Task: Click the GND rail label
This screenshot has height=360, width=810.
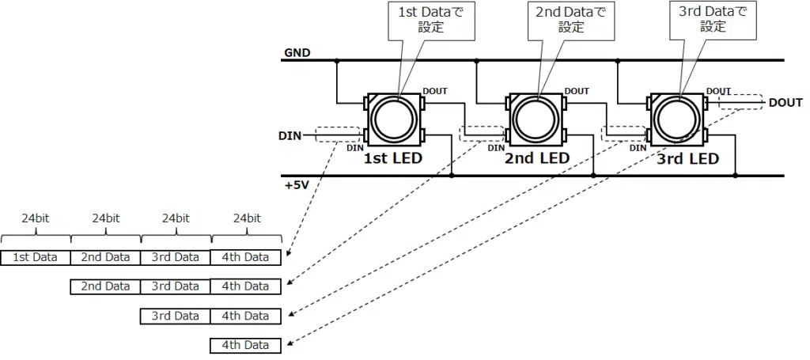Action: [x=297, y=54]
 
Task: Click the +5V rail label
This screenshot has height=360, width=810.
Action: [x=297, y=186]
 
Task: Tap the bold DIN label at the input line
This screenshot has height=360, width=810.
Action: [x=290, y=136]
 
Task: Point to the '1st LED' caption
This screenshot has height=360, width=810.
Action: [x=392, y=158]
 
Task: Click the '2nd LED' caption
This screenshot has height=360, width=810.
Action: [x=536, y=158]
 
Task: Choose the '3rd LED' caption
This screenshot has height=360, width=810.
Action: [x=687, y=158]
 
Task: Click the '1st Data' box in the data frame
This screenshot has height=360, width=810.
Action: [x=36, y=257]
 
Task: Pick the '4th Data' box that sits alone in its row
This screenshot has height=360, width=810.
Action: [x=245, y=345]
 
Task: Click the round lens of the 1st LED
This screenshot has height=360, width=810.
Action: [x=394, y=119]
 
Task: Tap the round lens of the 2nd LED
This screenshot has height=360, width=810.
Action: [x=536, y=119]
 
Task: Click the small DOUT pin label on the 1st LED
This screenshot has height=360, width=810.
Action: [x=434, y=91]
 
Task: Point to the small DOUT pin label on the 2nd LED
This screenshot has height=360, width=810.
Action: [x=577, y=91]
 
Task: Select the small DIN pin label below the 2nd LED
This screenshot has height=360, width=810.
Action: [x=495, y=147]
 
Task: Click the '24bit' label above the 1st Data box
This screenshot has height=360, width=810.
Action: [x=36, y=218]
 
